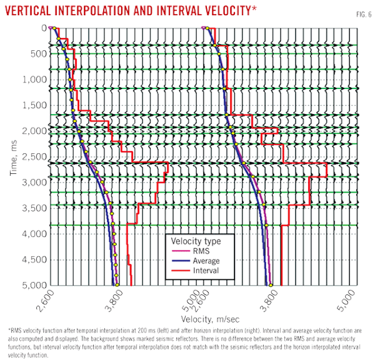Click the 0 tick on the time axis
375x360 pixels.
[43, 28]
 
